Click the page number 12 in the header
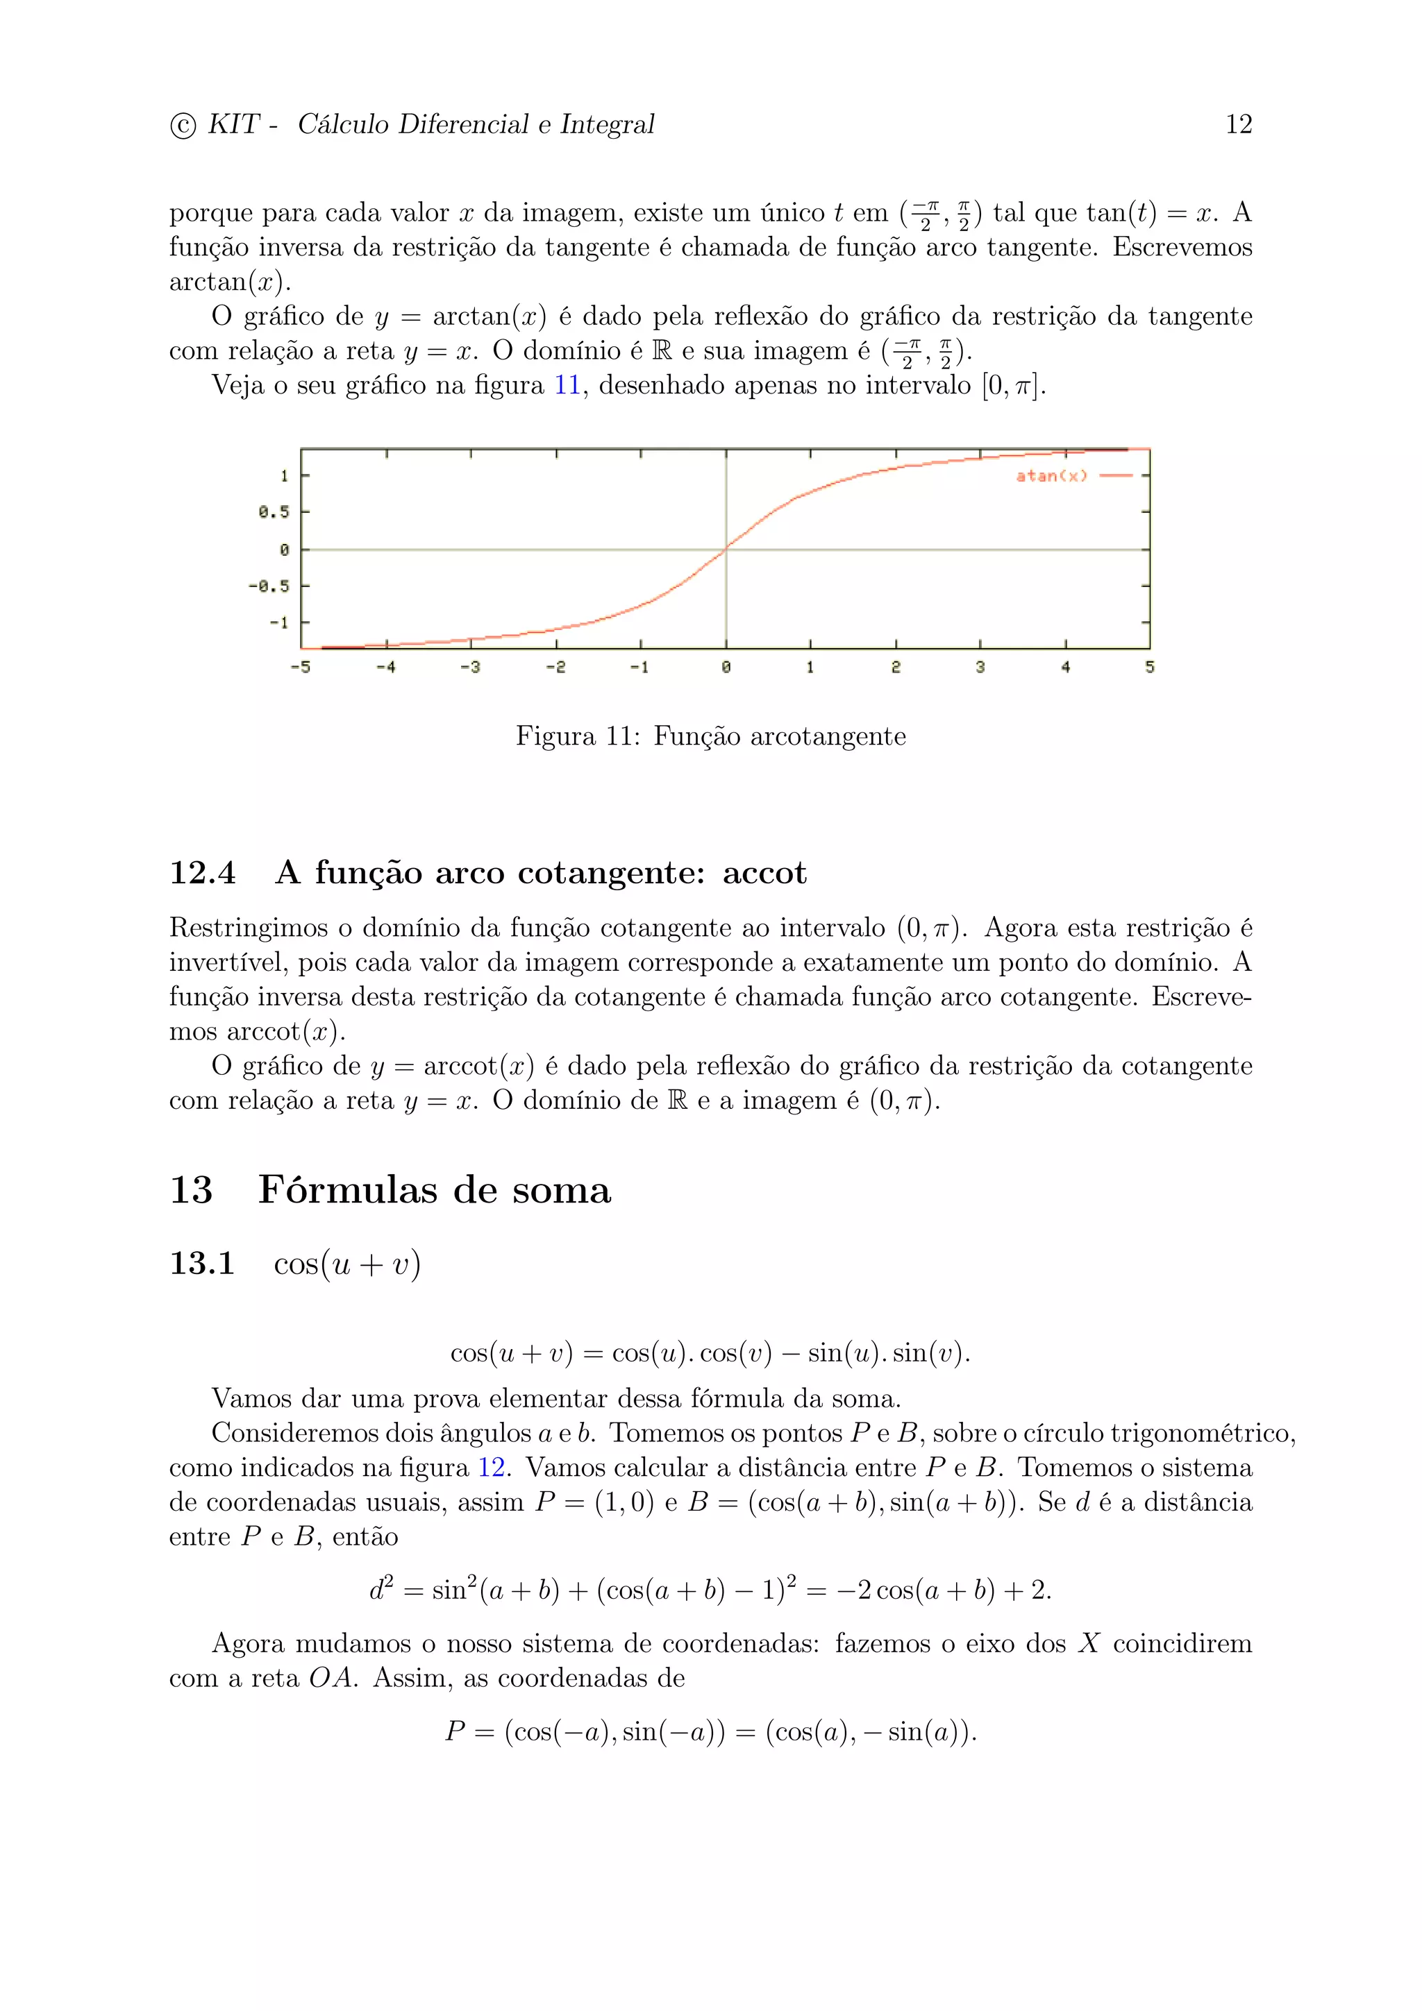coord(1238,124)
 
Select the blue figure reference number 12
coord(492,1467)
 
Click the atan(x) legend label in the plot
coord(1051,475)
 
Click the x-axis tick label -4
coord(385,668)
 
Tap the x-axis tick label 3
coord(980,668)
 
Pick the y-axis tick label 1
coord(284,475)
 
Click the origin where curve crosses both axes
coord(726,549)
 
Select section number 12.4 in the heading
coord(202,872)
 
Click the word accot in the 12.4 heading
coord(764,872)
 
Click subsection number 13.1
coord(202,1263)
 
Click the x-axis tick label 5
coord(1150,668)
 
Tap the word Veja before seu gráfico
coord(237,385)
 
